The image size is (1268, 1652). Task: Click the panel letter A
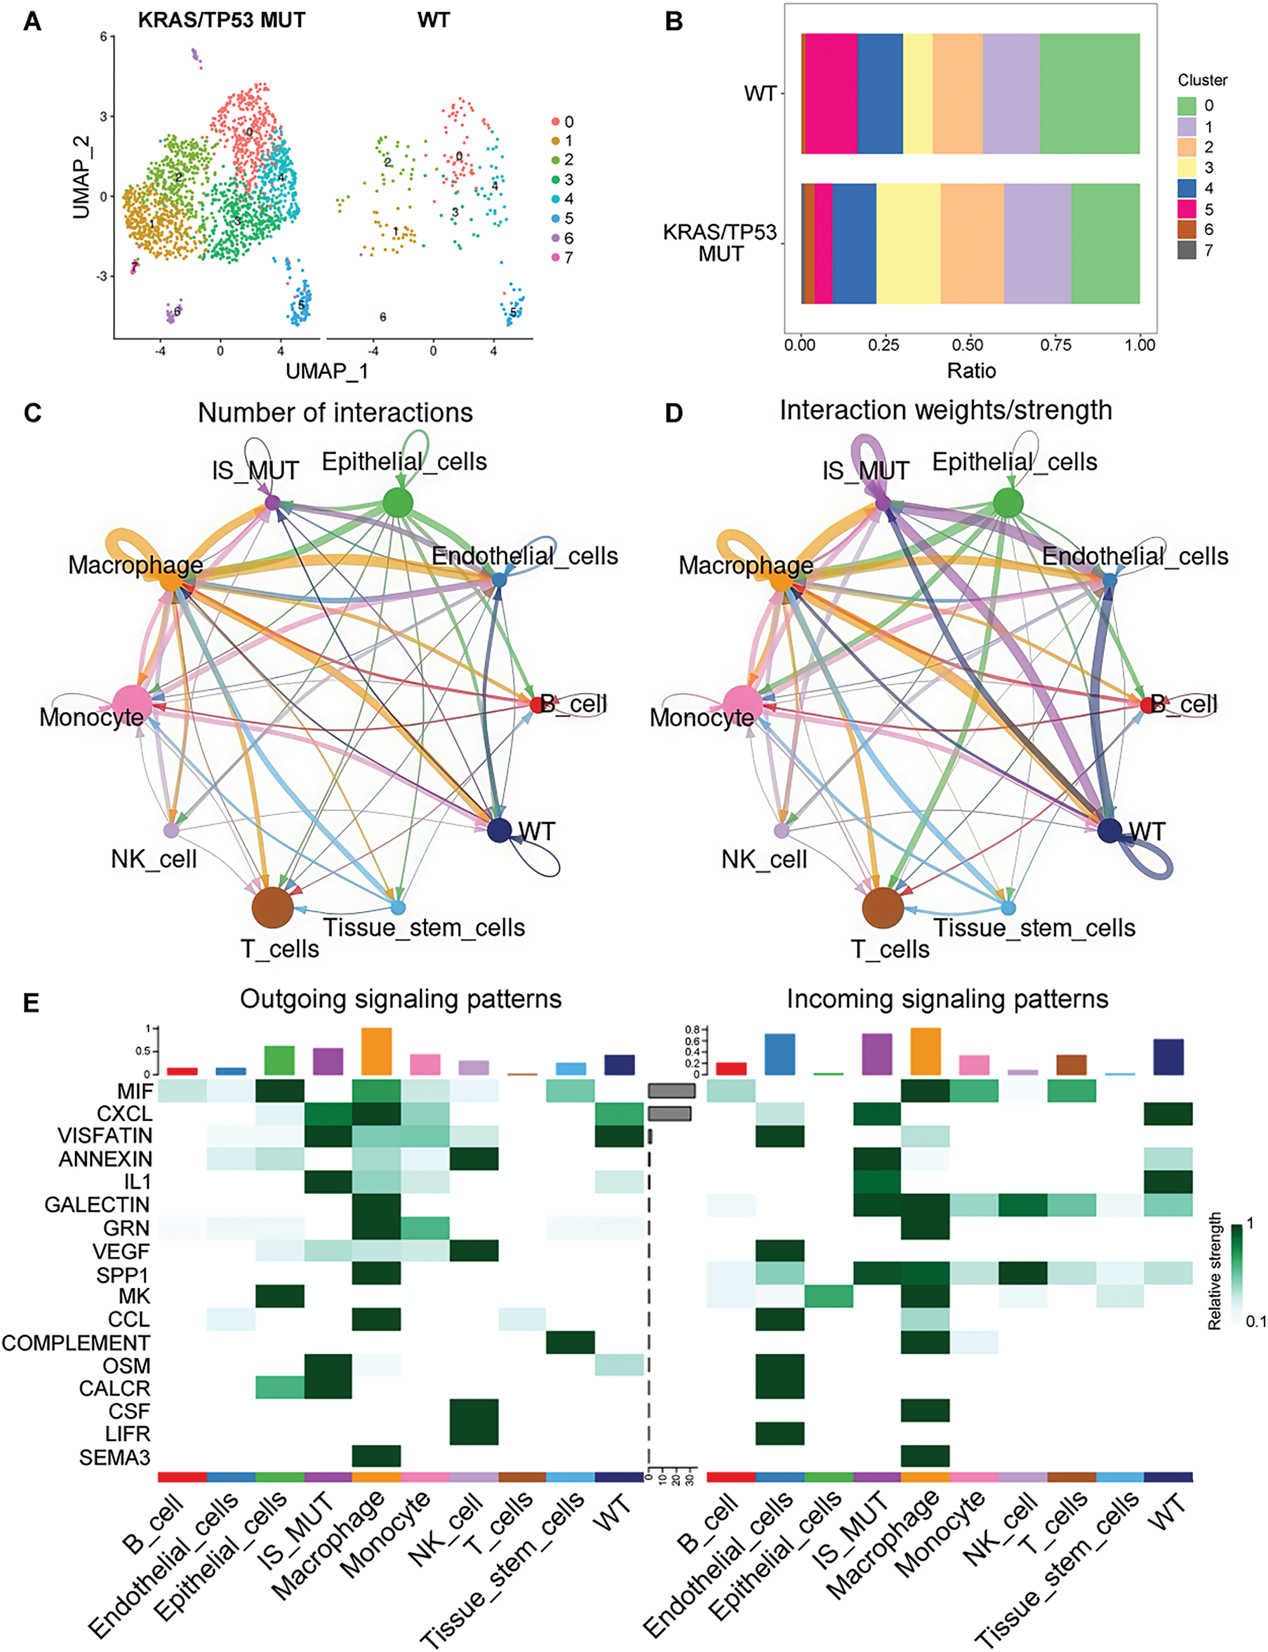click(x=32, y=21)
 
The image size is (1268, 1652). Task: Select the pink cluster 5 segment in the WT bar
click(x=831, y=93)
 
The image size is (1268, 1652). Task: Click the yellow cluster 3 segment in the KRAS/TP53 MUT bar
click(x=908, y=243)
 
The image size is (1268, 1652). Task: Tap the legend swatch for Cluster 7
click(x=1187, y=250)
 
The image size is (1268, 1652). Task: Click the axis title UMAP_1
click(x=326, y=371)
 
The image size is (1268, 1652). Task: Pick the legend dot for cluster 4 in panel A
click(x=556, y=199)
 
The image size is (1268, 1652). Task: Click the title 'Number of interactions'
click(x=335, y=412)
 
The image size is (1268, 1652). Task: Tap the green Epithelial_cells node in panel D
click(x=1008, y=502)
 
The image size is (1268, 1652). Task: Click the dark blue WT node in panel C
click(x=499, y=830)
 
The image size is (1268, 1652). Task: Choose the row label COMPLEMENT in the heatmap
click(x=76, y=1342)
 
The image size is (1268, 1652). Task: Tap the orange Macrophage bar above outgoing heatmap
click(x=377, y=1051)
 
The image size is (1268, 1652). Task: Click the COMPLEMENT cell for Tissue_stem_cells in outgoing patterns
click(x=570, y=1342)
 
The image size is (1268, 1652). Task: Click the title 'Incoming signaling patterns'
click(x=947, y=999)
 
